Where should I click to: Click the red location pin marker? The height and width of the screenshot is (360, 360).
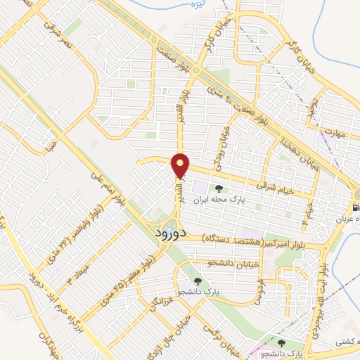[x=181, y=166]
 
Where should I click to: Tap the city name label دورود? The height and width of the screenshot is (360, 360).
[x=168, y=233]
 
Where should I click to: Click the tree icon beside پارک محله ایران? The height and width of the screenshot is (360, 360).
[x=218, y=188]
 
